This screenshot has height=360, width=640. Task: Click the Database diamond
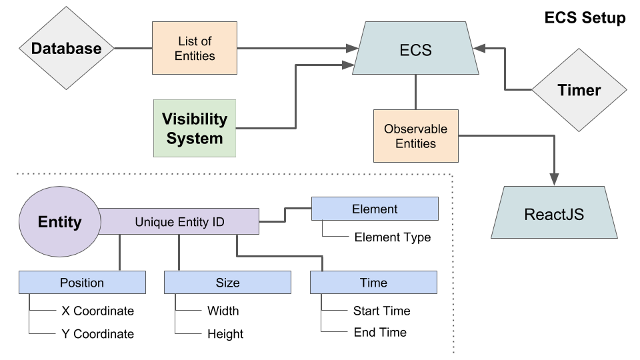pyautogui.click(x=66, y=49)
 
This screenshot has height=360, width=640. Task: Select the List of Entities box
pyautogui.click(x=195, y=49)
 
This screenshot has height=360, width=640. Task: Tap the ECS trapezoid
pyautogui.click(x=415, y=49)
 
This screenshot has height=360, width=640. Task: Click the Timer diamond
pyautogui.click(x=579, y=90)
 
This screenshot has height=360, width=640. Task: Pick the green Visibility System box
pyautogui.click(x=195, y=128)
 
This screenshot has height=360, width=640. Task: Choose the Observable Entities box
pyautogui.click(x=415, y=136)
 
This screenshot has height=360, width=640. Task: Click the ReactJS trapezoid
pyautogui.click(x=554, y=213)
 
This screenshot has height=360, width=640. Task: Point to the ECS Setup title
pyautogui.click(x=585, y=18)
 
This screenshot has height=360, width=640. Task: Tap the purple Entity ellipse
pyautogui.click(x=59, y=221)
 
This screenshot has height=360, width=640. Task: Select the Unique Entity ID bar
pyautogui.click(x=179, y=221)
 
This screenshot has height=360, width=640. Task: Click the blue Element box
pyautogui.click(x=375, y=209)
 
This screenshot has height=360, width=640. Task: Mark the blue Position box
pyautogui.click(x=82, y=283)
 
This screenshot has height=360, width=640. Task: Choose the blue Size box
pyautogui.click(x=227, y=283)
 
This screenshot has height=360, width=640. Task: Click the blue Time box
pyautogui.click(x=373, y=283)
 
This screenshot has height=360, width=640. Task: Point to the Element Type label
pyautogui.click(x=392, y=237)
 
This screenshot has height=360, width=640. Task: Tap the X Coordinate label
pyautogui.click(x=97, y=311)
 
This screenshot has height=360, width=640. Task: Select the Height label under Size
pyautogui.click(x=225, y=334)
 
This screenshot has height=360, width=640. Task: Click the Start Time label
pyautogui.click(x=381, y=311)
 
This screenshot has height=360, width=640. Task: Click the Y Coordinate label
pyautogui.click(x=97, y=334)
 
